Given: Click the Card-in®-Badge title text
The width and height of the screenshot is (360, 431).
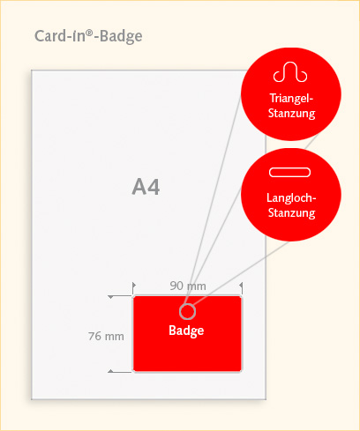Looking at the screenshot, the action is [x=88, y=36].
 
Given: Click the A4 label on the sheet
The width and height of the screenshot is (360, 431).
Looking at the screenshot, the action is [x=146, y=187].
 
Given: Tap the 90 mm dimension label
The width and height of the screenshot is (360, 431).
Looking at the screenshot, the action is [x=188, y=286].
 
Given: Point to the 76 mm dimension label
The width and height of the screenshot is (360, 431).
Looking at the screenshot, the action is [x=106, y=336].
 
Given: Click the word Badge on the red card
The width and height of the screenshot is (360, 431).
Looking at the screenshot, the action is [x=186, y=331].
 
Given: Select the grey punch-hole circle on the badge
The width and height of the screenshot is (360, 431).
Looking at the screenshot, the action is [x=187, y=304].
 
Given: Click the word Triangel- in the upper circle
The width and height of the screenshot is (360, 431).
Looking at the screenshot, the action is [x=291, y=98].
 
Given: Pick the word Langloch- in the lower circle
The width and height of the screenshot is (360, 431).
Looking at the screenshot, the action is [x=291, y=197].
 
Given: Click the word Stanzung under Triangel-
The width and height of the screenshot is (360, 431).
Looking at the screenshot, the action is [x=291, y=114].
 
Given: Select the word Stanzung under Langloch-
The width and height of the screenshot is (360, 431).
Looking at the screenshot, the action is [x=291, y=212].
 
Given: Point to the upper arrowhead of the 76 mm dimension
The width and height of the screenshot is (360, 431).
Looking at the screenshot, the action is [x=110, y=297].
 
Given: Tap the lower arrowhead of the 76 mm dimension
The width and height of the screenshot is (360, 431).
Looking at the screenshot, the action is [x=110, y=371].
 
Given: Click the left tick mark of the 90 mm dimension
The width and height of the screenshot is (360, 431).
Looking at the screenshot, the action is [x=133, y=288].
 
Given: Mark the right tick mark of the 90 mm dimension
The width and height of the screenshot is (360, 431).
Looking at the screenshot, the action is [x=242, y=288].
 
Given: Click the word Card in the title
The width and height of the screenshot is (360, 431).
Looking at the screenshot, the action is [x=50, y=36].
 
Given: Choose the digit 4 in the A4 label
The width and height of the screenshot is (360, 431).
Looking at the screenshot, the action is [x=154, y=187].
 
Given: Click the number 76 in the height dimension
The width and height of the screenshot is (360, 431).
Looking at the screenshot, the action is [x=94, y=336].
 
